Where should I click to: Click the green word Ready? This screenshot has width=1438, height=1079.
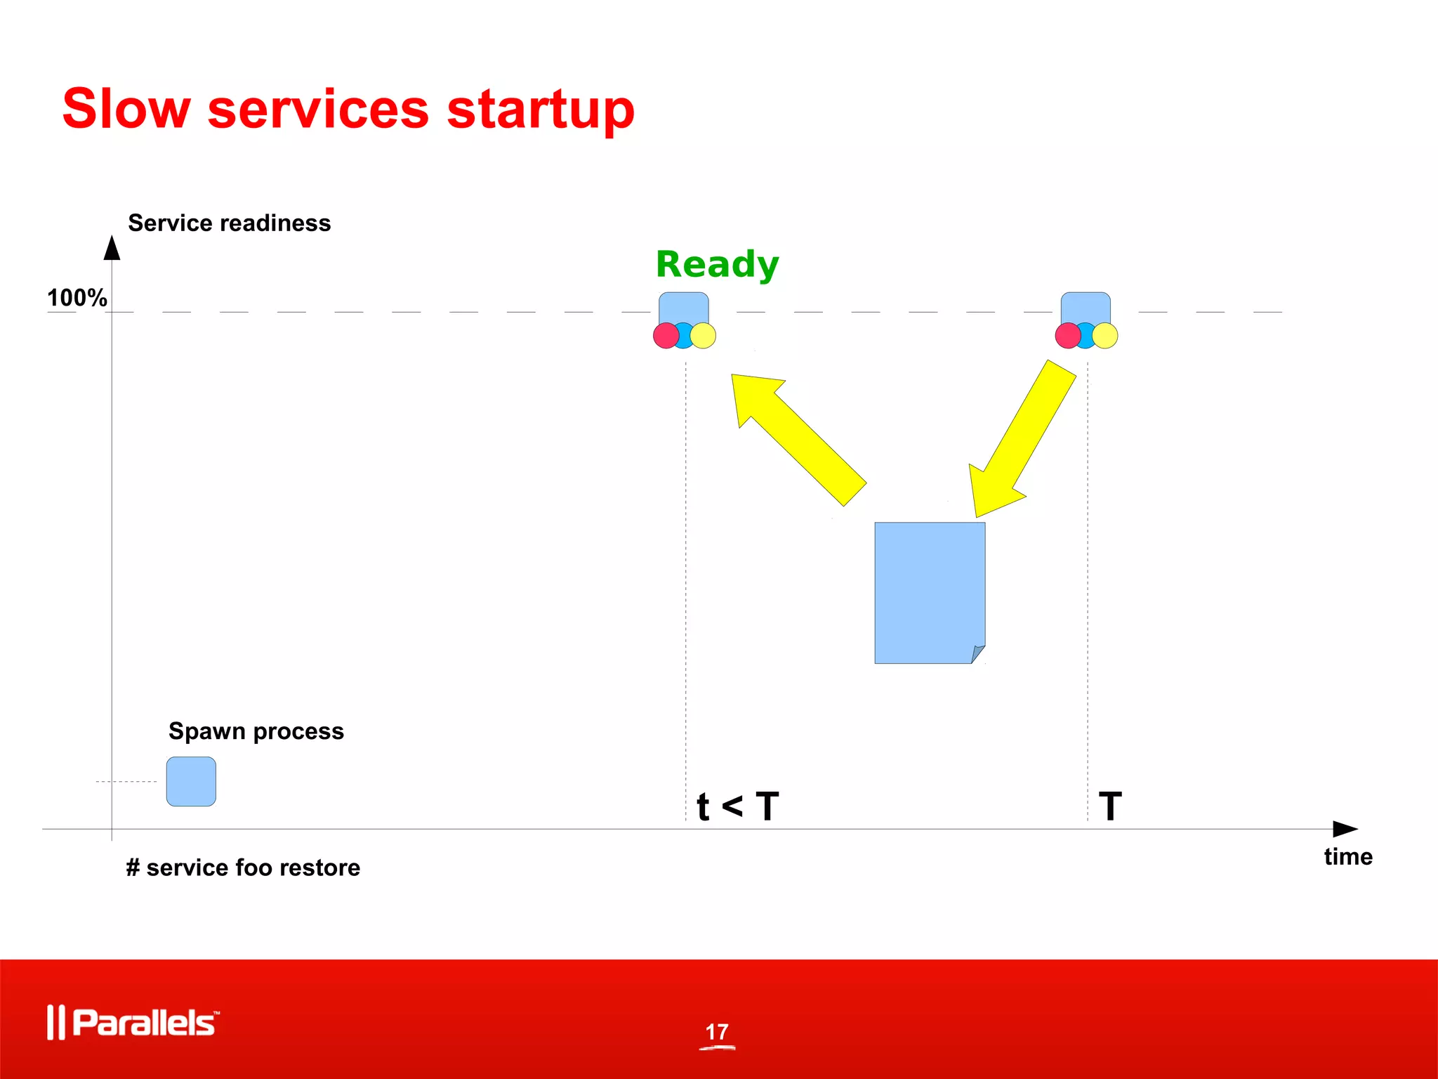pyautogui.click(x=717, y=265)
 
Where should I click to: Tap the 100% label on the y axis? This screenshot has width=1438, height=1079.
pyautogui.click(x=77, y=298)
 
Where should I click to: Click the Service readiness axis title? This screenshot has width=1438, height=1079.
pyautogui.click(x=229, y=223)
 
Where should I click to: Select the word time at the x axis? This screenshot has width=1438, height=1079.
pyautogui.click(x=1348, y=856)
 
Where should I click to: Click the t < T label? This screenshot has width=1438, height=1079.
pyautogui.click(x=737, y=806)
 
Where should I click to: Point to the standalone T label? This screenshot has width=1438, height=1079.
pyautogui.click(x=1110, y=806)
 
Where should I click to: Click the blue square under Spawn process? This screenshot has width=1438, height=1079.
pyautogui.click(x=191, y=781)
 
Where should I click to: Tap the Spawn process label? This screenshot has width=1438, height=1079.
pyautogui.click(x=256, y=731)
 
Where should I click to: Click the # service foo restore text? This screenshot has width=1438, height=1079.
pyautogui.click(x=243, y=868)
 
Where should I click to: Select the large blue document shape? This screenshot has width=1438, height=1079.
pyautogui.click(x=929, y=592)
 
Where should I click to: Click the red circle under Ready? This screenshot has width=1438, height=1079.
pyautogui.click(x=665, y=336)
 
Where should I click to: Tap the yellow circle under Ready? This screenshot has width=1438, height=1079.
pyautogui.click(x=704, y=336)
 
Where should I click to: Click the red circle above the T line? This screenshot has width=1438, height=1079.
pyautogui.click(x=1067, y=336)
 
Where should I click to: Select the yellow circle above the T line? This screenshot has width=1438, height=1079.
pyautogui.click(x=1106, y=336)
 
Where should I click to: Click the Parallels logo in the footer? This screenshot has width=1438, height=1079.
pyautogui.click(x=133, y=1022)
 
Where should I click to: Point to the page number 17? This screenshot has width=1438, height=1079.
pyautogui.click(x=717, y=1032)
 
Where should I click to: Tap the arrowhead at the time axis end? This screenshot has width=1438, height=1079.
pyautogui.click(x=1345, y=829)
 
